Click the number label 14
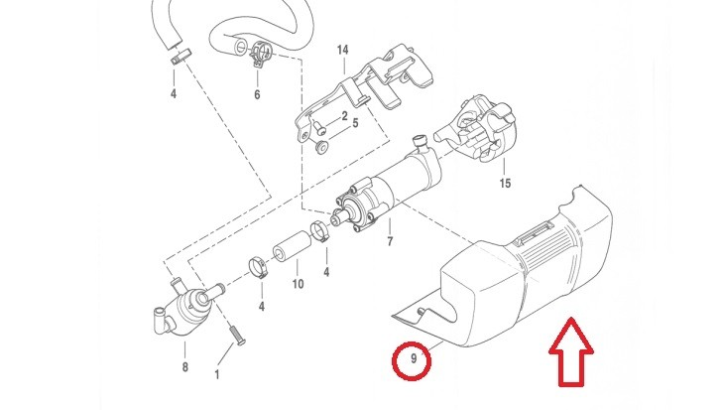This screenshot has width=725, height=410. pyautogui.click(x=342, y=50)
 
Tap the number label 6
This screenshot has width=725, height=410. pyautogui.click(x=257, y=95)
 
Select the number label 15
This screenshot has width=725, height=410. pyautogui.click(x=505, y=184)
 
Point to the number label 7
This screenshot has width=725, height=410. pyautogui.click(x=390, y=241)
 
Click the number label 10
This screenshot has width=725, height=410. pyautogui.click(x=298, y=284)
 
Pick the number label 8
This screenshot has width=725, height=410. pyautogui.click(x=184, y=367)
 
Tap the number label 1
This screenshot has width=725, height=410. pyautogui.click(x=217, y=374)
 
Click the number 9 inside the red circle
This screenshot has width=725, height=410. pyautogui.click(x=414, y=358)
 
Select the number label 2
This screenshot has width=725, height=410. pyautogui.click(x=344, y=116)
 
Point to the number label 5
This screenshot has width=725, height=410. pyautogui.click(x=355, y=123)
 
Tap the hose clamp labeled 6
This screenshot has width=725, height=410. pyautogui.click(x=261, y=54)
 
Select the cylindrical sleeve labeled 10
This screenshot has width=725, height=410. pyautogui.click(x=292, y=246)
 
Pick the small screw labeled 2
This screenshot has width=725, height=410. pyautogui.click(x=317, y=127)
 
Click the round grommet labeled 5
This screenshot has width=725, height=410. pyautogui.click(x=321, y=147)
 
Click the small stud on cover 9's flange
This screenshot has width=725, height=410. pyautogui.click(x=421, y=312)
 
